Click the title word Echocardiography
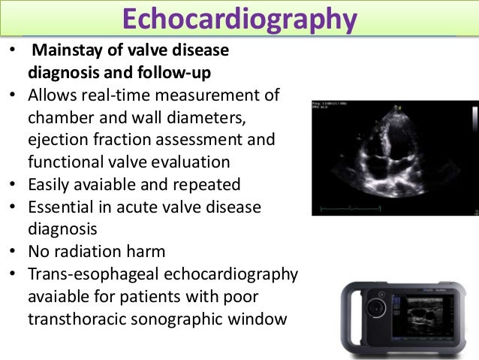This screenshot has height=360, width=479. tap(238, 20)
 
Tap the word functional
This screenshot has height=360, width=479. tap(68, 162)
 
